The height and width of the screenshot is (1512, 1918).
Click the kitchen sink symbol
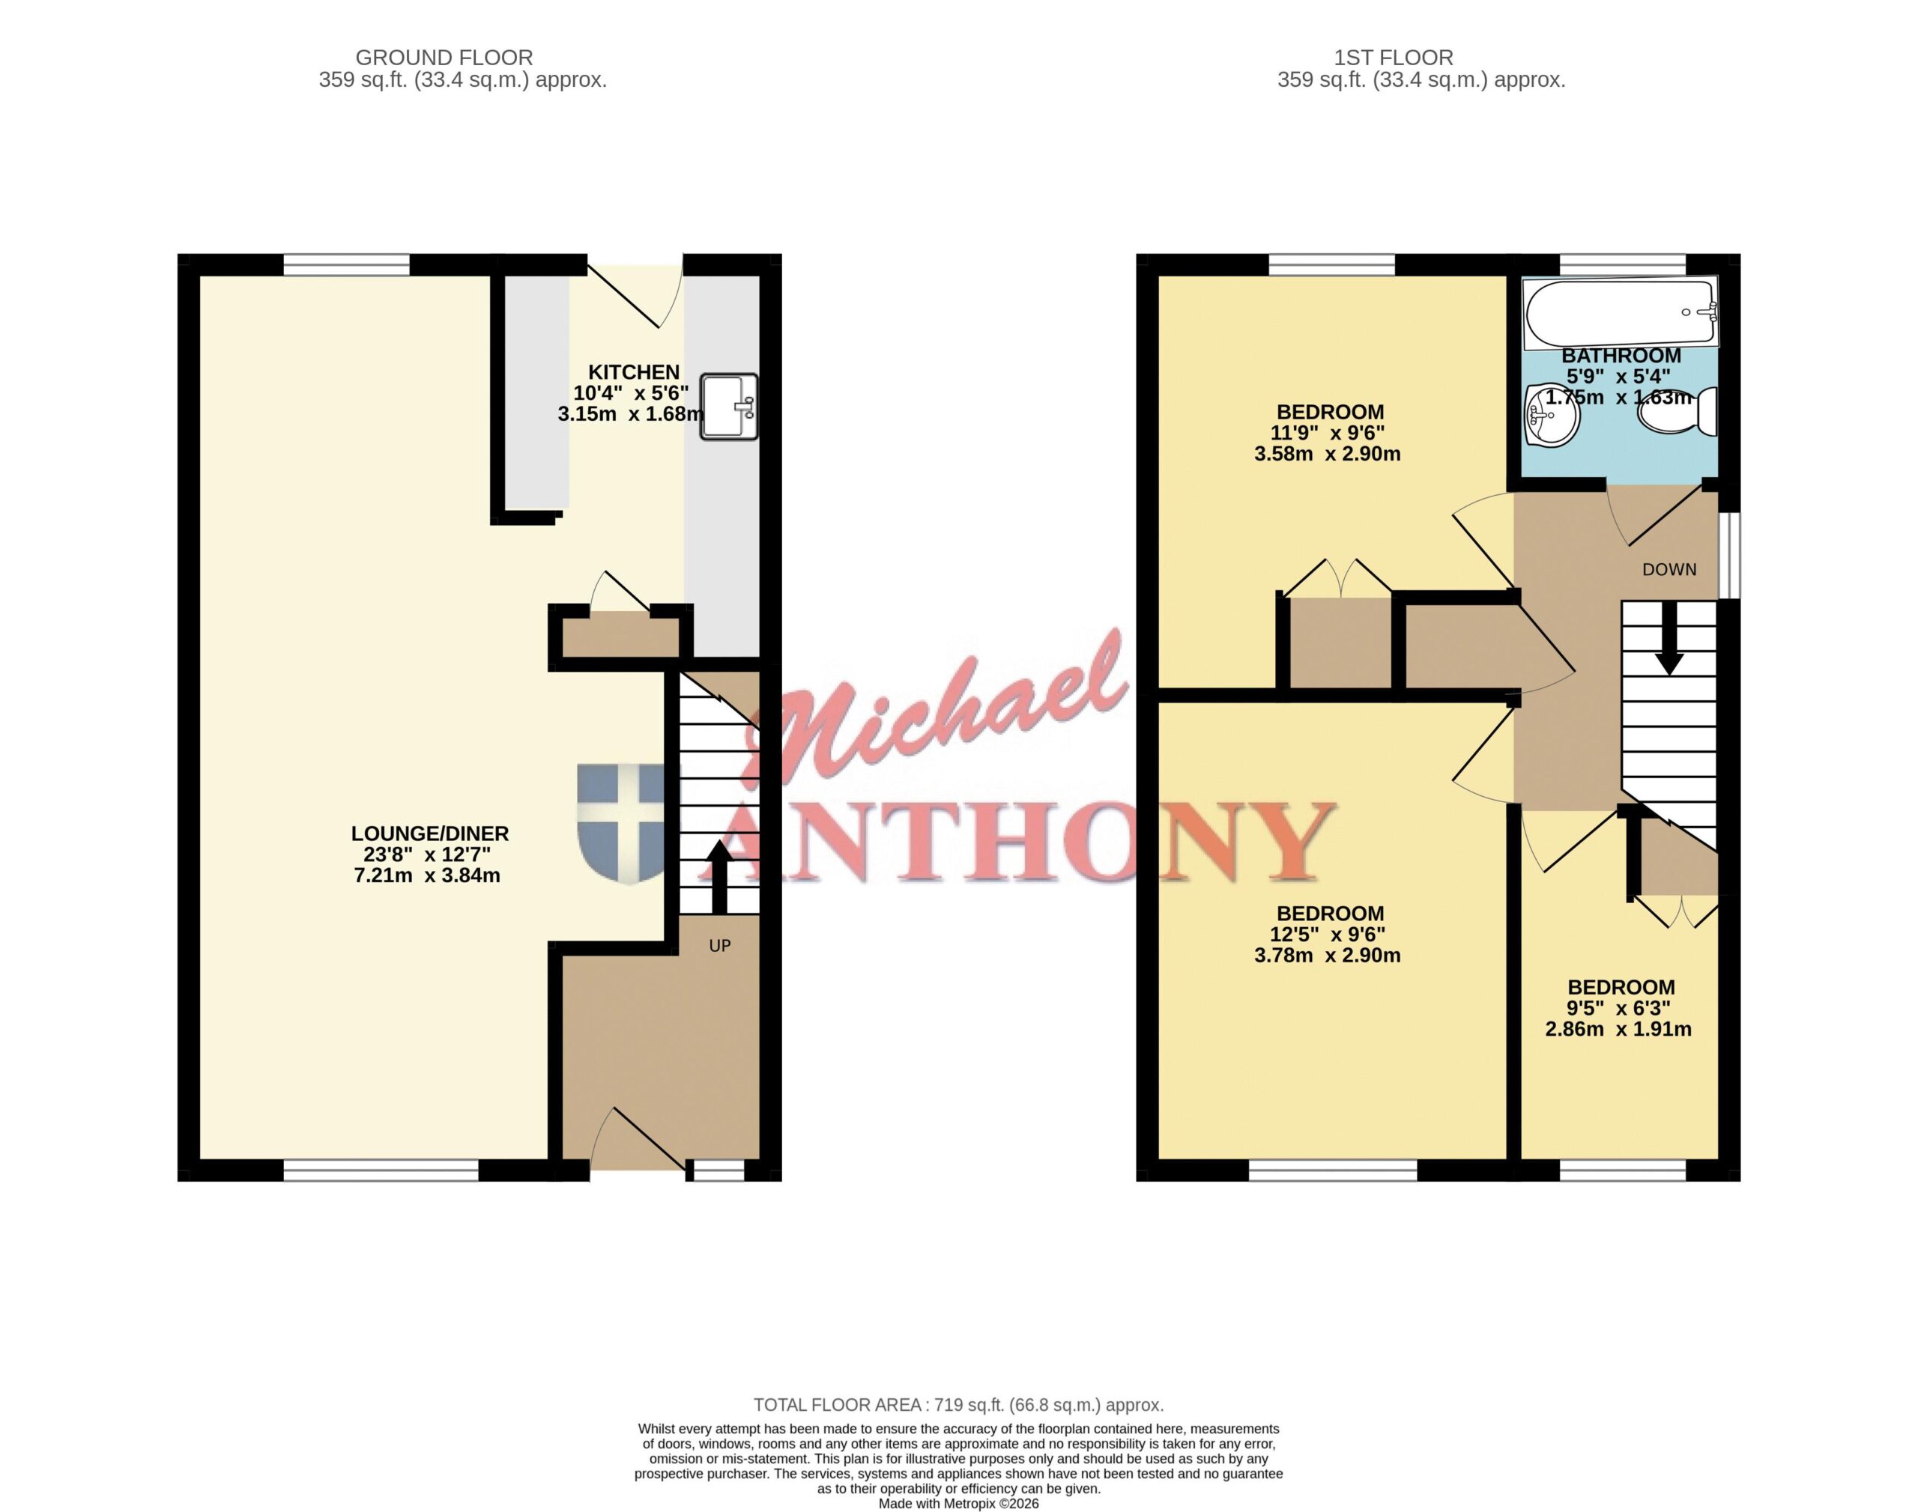pos(729,407)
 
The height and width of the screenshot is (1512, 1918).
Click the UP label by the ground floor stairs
pos(720,945)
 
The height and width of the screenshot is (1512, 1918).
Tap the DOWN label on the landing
pos(1669,569)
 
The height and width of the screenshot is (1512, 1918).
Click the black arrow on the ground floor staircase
pos(719,876)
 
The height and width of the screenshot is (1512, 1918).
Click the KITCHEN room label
pos(634,371)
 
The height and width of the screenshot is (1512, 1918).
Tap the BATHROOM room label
pos(1621,355)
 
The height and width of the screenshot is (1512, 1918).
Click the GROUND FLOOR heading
pos(444,58)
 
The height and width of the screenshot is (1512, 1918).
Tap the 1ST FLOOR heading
pos(1394,58)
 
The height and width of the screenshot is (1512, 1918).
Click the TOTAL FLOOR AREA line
pos(958,1405)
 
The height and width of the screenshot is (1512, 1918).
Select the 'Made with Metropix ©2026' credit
pos(958,1503)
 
